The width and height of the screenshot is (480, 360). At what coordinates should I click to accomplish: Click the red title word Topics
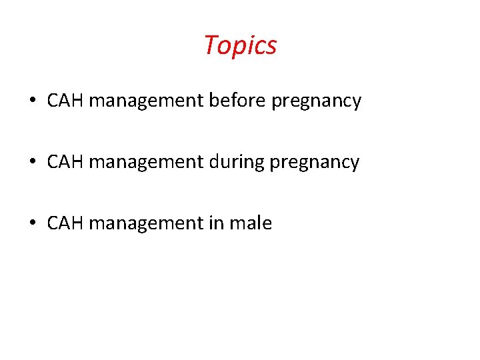[x=240, y=46]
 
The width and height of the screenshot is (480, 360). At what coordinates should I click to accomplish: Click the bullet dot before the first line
[x=33, y=102]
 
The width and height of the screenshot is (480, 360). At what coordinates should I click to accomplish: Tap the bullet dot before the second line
[x=33, y=163]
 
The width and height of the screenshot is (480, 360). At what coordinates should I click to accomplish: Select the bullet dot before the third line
[x=33, y=224]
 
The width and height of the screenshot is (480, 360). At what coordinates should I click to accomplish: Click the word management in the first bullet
[x=146, y=101]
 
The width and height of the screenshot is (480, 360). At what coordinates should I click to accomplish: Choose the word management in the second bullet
[x=146, y=163]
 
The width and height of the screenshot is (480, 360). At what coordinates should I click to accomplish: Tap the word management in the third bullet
[x=146, y=224]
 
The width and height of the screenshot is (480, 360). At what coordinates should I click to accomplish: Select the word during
[x=237, y=162]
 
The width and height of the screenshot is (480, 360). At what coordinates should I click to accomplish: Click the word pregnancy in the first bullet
[x=317, y=102]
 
